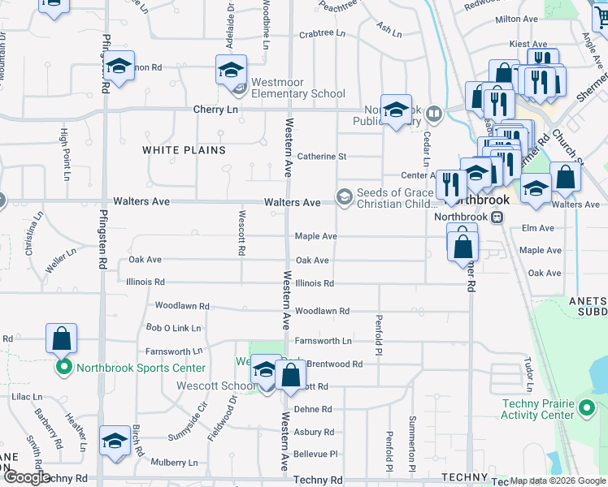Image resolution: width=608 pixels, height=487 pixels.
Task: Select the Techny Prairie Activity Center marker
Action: pos(587,409)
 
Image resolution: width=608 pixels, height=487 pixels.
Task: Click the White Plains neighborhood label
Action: pos(184,150)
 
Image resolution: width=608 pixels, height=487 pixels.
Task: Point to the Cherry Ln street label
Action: pos(215,110)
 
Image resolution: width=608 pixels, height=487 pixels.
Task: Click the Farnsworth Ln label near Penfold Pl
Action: pos(324,341)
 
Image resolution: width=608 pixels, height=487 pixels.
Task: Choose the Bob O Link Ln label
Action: pos(172,328)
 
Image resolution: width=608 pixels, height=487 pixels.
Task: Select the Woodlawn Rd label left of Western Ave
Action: pos(182,306)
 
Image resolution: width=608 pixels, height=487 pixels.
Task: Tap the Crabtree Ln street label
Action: pos(323,34)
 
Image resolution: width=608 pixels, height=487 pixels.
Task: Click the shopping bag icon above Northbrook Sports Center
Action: pos(62,338)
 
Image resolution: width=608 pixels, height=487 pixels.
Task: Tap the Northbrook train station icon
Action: pos(497,217)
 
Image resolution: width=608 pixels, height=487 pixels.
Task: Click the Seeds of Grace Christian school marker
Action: pos(345,197)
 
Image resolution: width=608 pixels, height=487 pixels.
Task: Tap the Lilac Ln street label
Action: pos(27,396)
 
